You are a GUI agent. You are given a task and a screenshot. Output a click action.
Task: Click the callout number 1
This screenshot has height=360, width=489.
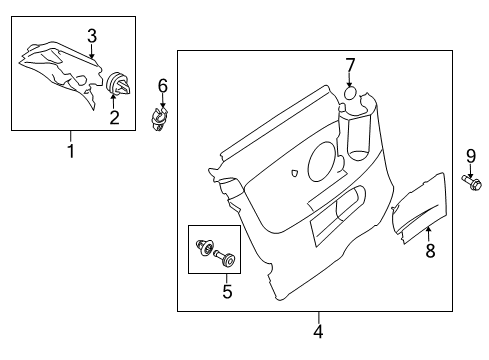71,151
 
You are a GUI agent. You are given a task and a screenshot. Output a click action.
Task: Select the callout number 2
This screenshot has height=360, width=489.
114,118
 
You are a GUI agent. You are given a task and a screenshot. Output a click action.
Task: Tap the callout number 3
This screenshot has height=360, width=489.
92,36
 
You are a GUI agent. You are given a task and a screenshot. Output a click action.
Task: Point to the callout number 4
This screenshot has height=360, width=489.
318,331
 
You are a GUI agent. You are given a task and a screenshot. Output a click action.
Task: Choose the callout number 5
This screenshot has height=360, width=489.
227,291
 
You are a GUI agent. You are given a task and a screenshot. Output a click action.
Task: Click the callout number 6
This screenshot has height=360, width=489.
163,86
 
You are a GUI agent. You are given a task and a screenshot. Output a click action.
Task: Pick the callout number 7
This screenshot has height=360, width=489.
350,65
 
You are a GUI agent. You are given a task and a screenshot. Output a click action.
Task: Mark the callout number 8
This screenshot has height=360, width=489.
430,250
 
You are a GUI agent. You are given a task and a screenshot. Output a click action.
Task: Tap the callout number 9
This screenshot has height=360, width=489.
471,156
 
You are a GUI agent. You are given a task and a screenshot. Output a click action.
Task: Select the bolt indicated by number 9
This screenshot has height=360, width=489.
472,183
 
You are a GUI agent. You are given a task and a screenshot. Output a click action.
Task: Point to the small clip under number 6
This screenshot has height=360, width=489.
158,118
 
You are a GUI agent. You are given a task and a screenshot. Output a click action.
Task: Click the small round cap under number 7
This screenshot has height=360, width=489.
350,93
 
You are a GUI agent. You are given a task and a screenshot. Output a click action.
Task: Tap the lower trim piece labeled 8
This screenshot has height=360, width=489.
419,208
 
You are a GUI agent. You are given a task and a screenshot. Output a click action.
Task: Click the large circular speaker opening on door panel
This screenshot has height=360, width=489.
322,161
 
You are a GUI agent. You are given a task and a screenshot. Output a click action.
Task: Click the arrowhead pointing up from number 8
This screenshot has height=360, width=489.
429,229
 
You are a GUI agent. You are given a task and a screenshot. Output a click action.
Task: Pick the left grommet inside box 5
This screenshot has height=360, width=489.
204,248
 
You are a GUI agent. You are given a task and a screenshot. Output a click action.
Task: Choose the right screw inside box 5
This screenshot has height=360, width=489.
226,258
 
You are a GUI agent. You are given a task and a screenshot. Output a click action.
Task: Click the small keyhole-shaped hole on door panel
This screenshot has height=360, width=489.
294,173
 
